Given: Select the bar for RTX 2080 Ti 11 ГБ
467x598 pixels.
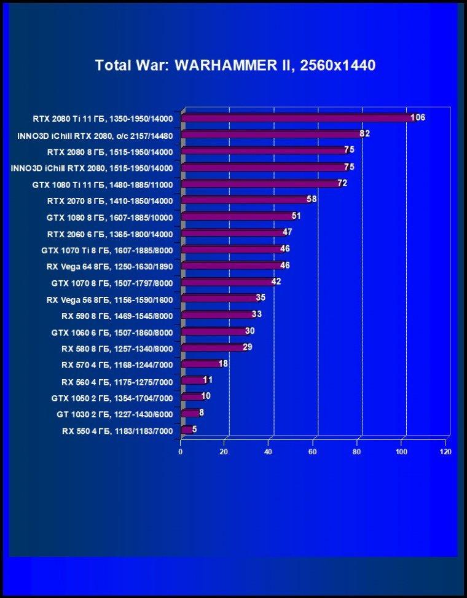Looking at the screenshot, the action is [298, 118].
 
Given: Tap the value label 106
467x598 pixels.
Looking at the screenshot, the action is [418, 117].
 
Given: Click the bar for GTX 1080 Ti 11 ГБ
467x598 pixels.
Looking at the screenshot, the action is [261, 184].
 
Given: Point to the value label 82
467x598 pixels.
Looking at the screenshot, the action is [364, 134].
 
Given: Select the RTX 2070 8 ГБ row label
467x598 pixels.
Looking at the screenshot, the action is [110, 201].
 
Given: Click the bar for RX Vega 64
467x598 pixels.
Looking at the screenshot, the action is [232, 266].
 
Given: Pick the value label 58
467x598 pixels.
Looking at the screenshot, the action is [312, 199].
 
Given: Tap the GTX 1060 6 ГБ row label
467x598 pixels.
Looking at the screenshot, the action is [112, 332].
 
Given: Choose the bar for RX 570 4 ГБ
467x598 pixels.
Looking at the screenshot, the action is [202, 364].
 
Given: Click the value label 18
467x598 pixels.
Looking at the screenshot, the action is [223, 363].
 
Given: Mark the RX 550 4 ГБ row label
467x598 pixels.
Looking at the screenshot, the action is [117, 431].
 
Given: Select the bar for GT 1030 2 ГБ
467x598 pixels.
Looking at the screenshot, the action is [190, 413].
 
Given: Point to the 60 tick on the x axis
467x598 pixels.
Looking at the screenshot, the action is [313, 452].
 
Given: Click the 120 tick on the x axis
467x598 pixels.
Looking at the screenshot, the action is [445, 452].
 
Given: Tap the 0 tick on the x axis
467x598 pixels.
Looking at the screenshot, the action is [180, 452].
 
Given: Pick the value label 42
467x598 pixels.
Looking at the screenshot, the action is [276, 281].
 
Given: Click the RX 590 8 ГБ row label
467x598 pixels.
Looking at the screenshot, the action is [117, 316].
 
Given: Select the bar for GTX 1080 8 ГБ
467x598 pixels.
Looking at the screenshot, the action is [238, 216].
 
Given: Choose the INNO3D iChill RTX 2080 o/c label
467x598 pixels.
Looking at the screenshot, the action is [95, 136].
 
